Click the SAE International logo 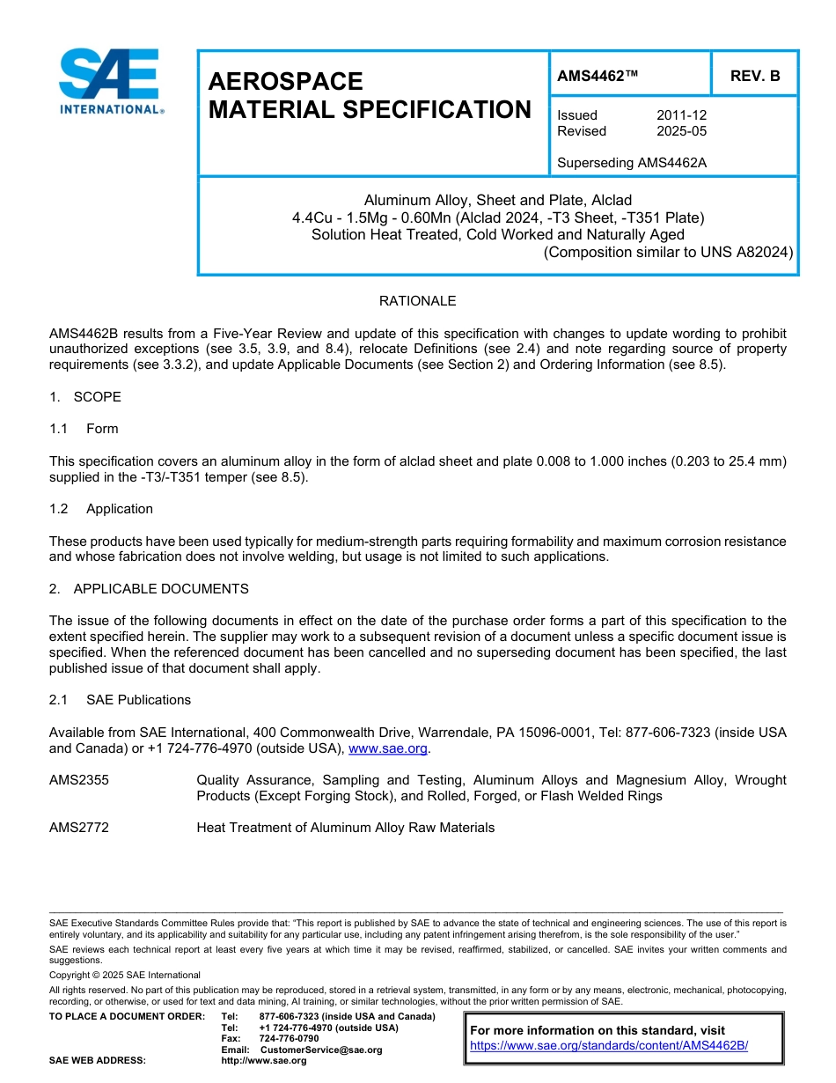[110, 82]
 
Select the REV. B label [754, 77]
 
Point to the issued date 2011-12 [681, 115]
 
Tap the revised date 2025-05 [681, 131]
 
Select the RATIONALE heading [417, 301]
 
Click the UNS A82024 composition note [668, 252]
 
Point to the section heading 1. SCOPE [85, 397]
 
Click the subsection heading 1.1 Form [84, 429]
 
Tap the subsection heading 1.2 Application [101, 509]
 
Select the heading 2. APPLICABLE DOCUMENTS [149, 589]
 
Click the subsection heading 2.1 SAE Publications [120, 700]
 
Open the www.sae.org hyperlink [388, 748]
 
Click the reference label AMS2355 [79, 780]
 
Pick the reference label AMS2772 [79, 828]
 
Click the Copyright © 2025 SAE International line [125, 975]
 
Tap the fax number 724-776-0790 [289, 1039]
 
